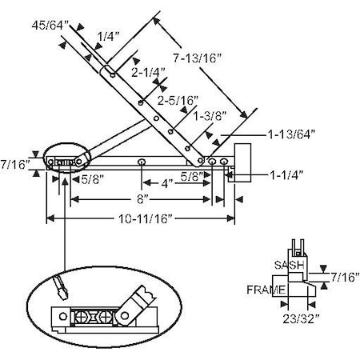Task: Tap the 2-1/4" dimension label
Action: pyautogui.click(x=150, y=73)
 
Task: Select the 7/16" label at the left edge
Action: pyautogui.click(x=15, y=163)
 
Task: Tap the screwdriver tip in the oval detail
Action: pyautogui.click(x=60, y=282)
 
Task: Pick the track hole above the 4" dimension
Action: pyautogui.click(x=141, y=162)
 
